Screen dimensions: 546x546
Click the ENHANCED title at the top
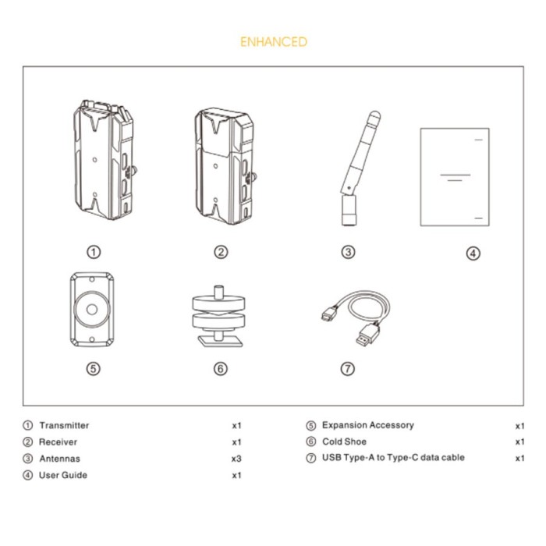pos(274,42)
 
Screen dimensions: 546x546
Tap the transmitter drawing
pos(105,160)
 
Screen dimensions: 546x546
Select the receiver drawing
pos(225,166)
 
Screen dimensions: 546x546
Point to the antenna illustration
pos(359,168)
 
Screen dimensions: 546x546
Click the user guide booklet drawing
pos(455,177)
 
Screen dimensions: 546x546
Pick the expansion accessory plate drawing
pos(92,309)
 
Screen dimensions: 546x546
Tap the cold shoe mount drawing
pos(218,316)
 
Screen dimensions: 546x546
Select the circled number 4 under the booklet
pos(473,253)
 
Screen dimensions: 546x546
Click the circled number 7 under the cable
pos(348,368)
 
